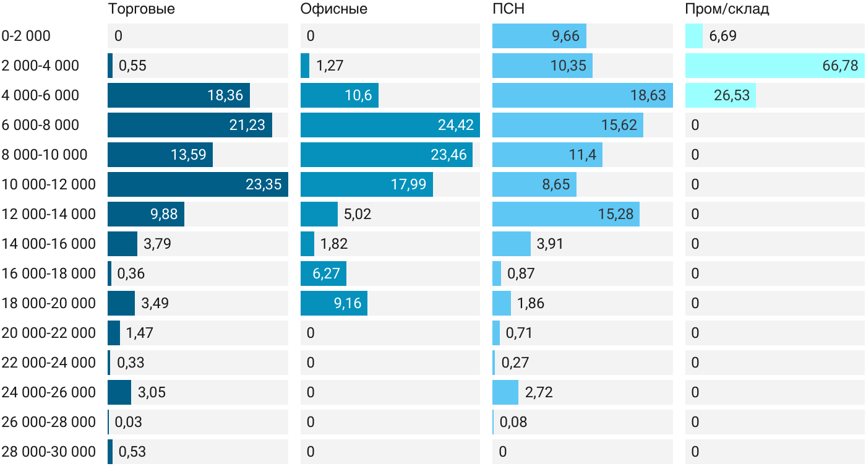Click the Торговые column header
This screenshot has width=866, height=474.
pyautogui.click(x=142, y=9)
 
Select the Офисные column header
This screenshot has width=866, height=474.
pyautogui.click(x=333, y=9)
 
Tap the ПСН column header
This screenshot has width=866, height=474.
pyautogui.click(x=508, y=9)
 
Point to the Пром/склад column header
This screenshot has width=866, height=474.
pyautogui.click(x=727, y=9)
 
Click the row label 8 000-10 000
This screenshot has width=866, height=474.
pyautogui.click(x=45, y=155)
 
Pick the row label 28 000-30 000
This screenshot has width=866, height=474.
pyautogui.click(x=48, y=452)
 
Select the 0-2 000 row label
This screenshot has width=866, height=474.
pyautogui.click(x=26, y=36)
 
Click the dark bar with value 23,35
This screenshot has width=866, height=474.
pyautogui.click(x=198, y=184)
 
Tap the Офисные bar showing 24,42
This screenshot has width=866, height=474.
pyautogui.click(x=390, y=125)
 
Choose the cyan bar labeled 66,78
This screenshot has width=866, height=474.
pyautogui.click(x=774, y=66)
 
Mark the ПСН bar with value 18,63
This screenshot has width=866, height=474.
pyautogui.click(x=583, y=95)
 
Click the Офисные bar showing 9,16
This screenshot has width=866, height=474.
pyautogui.click(x=334, y=303)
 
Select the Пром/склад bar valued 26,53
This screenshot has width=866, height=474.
pyautogui.click(x=721, y=95)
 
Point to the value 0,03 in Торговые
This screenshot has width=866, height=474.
pyautogui.click(x=129, y=422)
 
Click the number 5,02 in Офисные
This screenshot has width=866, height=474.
pyautogui.click(x=358, y=214)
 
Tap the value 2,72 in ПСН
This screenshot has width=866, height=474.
pyautogui.click(x=539, y=392)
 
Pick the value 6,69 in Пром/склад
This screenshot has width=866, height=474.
pyautogui.click(x=723, y=36)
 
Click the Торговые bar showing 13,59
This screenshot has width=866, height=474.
pyautogui.click(x=160, y=155)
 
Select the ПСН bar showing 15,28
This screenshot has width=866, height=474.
pyautogui.click(x=566, y=214)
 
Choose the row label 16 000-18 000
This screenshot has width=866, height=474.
pyautogui.click(x=48, y=274)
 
